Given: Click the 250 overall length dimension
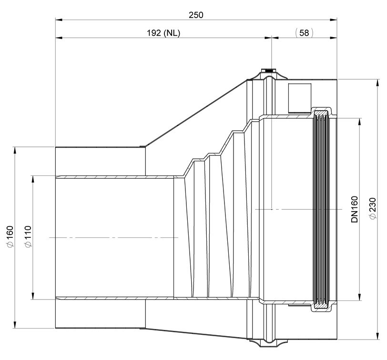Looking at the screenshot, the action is (196, 15).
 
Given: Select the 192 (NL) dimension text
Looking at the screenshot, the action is (163, 33).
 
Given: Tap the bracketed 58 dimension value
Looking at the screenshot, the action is (304, 33).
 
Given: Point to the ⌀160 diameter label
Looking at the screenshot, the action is (10, 236).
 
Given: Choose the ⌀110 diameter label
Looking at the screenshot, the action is (28, 237).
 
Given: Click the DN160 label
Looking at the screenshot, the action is (355, 209).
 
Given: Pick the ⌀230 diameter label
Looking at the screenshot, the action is (373, 208).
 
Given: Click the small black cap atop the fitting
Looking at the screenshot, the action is (271, 71).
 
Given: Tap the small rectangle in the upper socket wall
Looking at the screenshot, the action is (300, 98).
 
